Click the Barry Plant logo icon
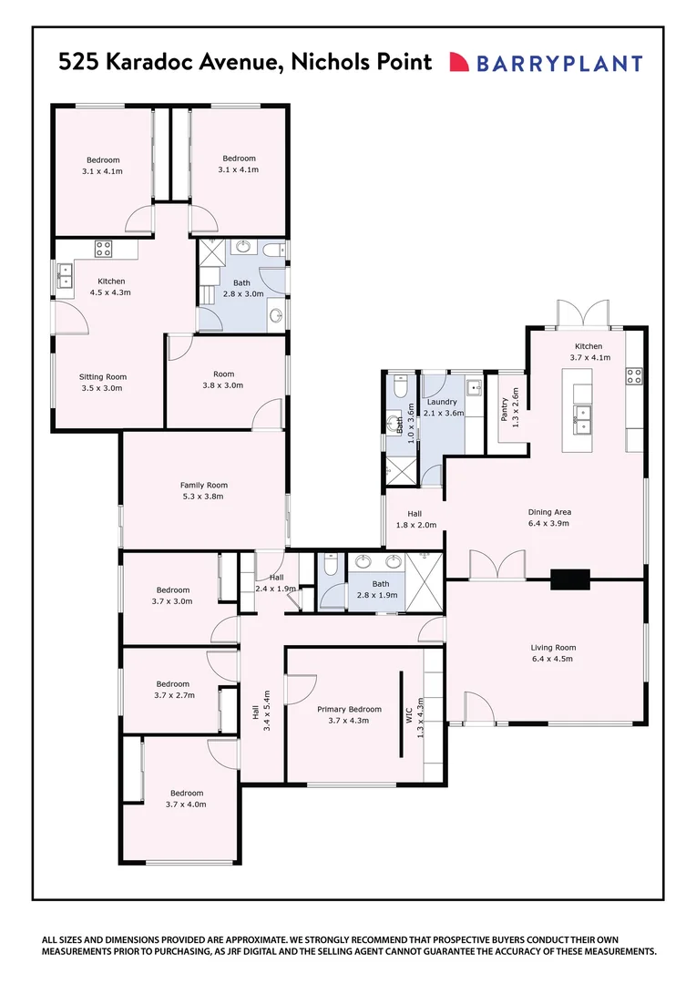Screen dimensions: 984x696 (458, 62)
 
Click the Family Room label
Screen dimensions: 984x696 (204, 485)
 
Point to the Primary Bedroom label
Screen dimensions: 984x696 (349, 708)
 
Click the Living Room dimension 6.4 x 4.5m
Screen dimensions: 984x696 (554, 660)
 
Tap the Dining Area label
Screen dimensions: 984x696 (549, 512)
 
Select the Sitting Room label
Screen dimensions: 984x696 (103, 376)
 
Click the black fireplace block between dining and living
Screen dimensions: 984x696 (569, 579)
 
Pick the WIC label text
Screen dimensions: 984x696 (410, 713)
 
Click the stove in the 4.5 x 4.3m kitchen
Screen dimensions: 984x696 (103, 247)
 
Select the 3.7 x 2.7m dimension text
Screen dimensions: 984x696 (172, 695)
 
